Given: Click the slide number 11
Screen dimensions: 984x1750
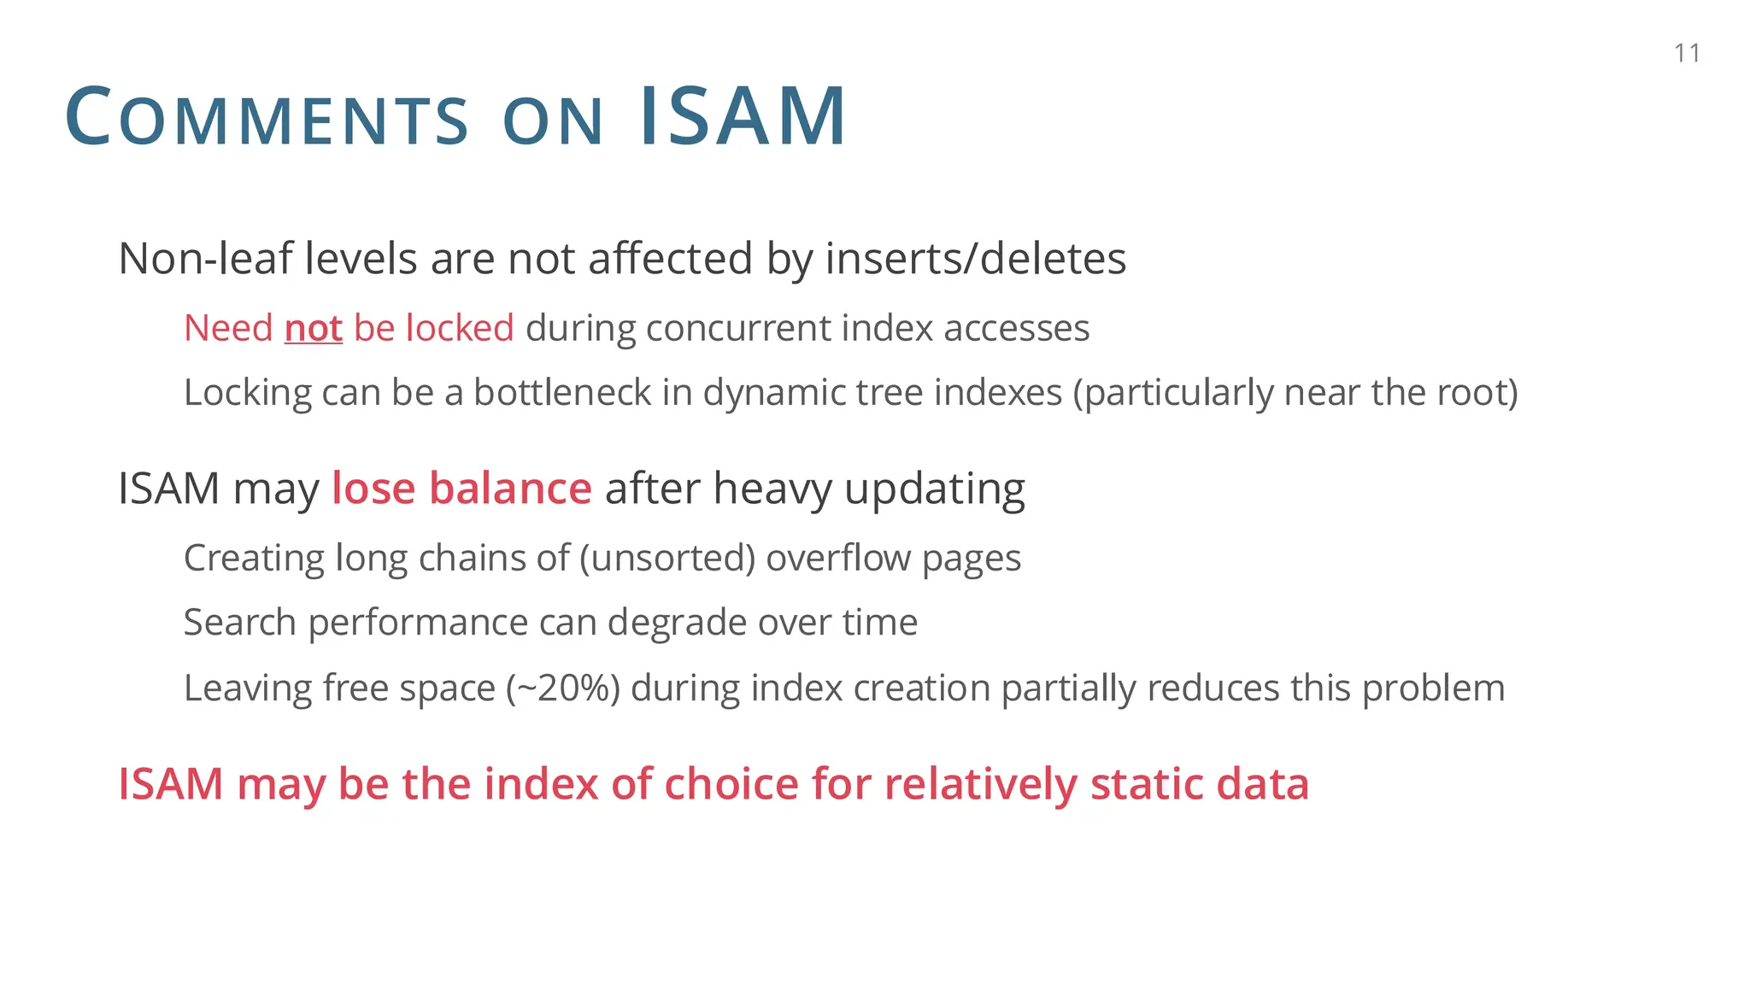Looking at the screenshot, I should pos(1687,54).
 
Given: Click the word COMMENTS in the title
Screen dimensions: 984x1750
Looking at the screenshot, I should pos(267,117).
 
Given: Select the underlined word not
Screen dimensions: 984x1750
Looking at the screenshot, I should pos(314,328).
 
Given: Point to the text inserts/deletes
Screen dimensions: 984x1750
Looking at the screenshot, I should pos(975,258).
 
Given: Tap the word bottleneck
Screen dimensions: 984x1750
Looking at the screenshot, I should pos(562,393).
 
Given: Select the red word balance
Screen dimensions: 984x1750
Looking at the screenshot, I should pos(510,489).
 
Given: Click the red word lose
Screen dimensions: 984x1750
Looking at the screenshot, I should pos(373,489).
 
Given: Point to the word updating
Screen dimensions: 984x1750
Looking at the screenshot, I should pos(935,489).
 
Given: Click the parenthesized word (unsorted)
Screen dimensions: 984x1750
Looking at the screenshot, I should pos(667,559).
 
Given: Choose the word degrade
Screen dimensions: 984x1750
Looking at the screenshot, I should pos(677,623).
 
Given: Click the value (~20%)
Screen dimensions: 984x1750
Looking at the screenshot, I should pos(563,688).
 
